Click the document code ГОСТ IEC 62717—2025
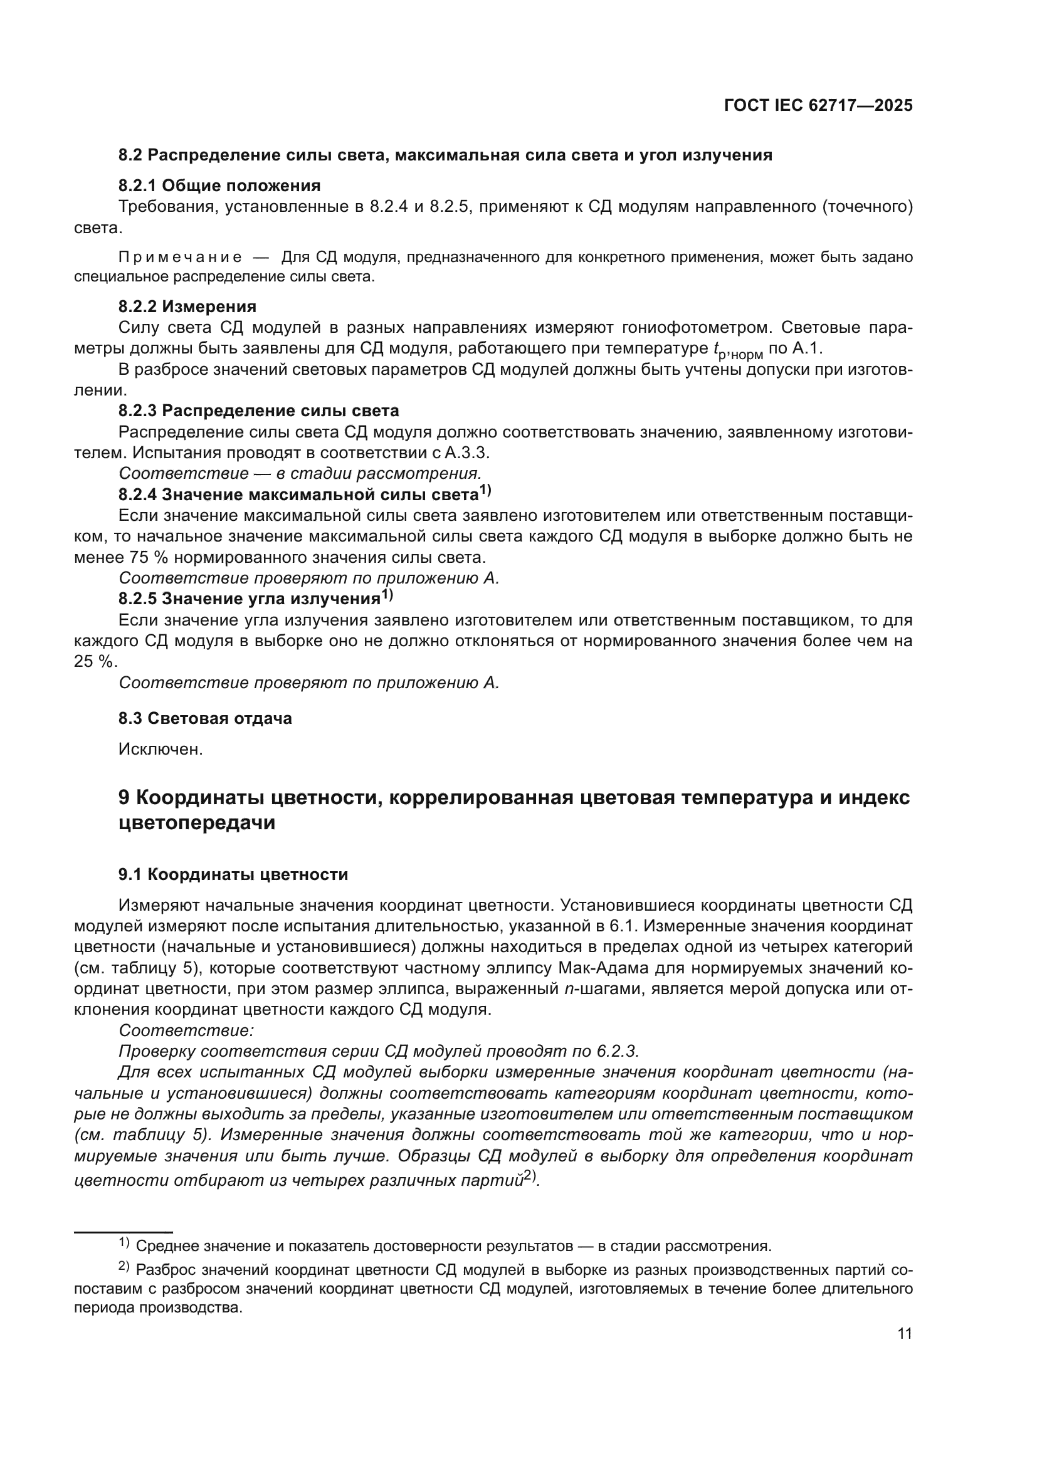click(x=818, y=106)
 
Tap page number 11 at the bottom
click(x=904, y=1333)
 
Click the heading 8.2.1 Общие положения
click(x=219, y=186)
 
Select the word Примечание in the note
click(x=181, y=258)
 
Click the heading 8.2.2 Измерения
click(x=187, y=306)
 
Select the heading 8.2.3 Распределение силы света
click(x=258, y=411)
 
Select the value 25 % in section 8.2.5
click(x=96, y=662)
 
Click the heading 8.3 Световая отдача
click(x=205, y=718)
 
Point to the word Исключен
click(x=161, y=749)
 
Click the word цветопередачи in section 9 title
click(x=197, y=823)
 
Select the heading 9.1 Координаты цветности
click(x=233, y=874)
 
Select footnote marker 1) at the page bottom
click(x=124, y=1242)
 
